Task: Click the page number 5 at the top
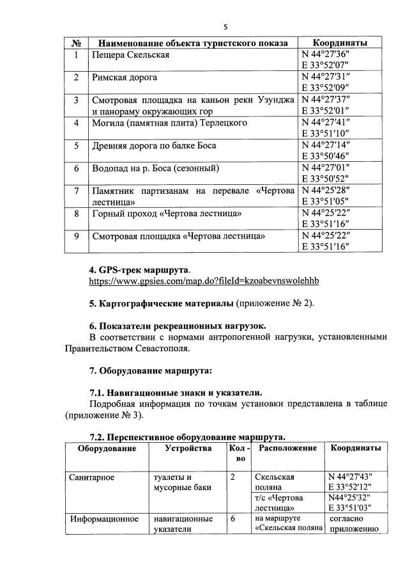(225, 27)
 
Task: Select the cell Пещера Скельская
(130, 55)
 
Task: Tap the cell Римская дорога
(125, 78)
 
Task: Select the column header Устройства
(188, 448)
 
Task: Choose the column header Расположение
(288, 448)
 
